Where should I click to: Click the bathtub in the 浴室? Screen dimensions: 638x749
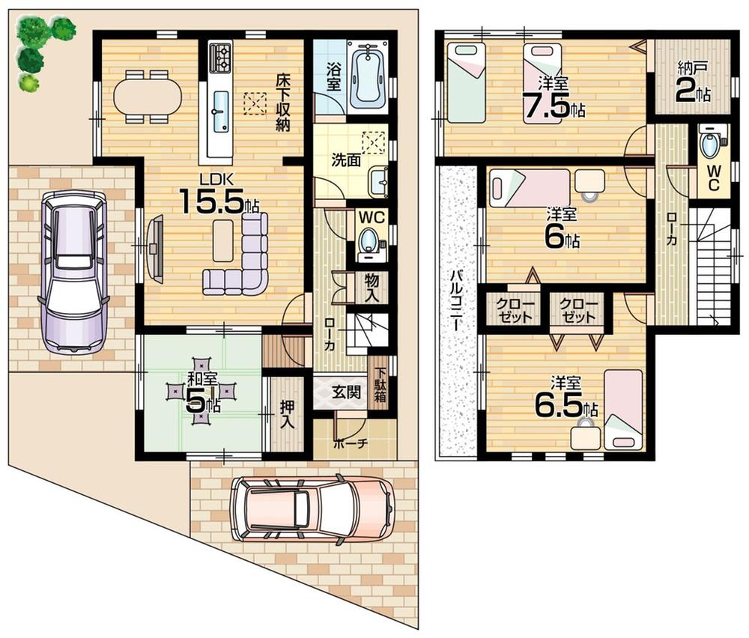click(367, 75)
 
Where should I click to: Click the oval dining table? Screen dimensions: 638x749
click(148, 96)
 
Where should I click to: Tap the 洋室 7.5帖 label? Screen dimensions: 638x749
click(553, 97)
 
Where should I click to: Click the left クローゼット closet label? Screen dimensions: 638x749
click(513, 310)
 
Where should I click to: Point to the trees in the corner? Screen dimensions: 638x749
click(41, 45)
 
